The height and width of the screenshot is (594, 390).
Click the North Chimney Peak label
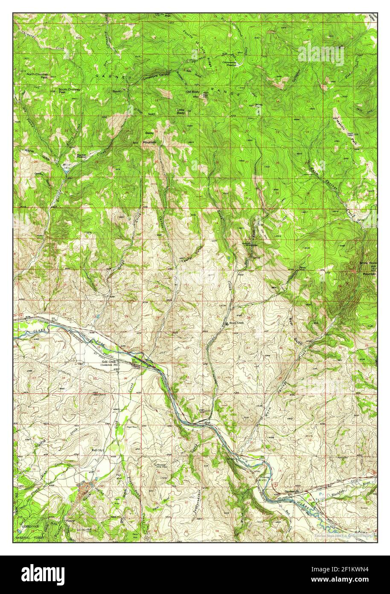click(x=37, y=76)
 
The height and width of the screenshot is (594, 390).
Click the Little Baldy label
click(x=181, y=111)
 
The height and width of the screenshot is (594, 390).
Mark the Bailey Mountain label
click(x=149, y=137)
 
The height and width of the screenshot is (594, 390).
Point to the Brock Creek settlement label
click(x=236, y=323)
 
